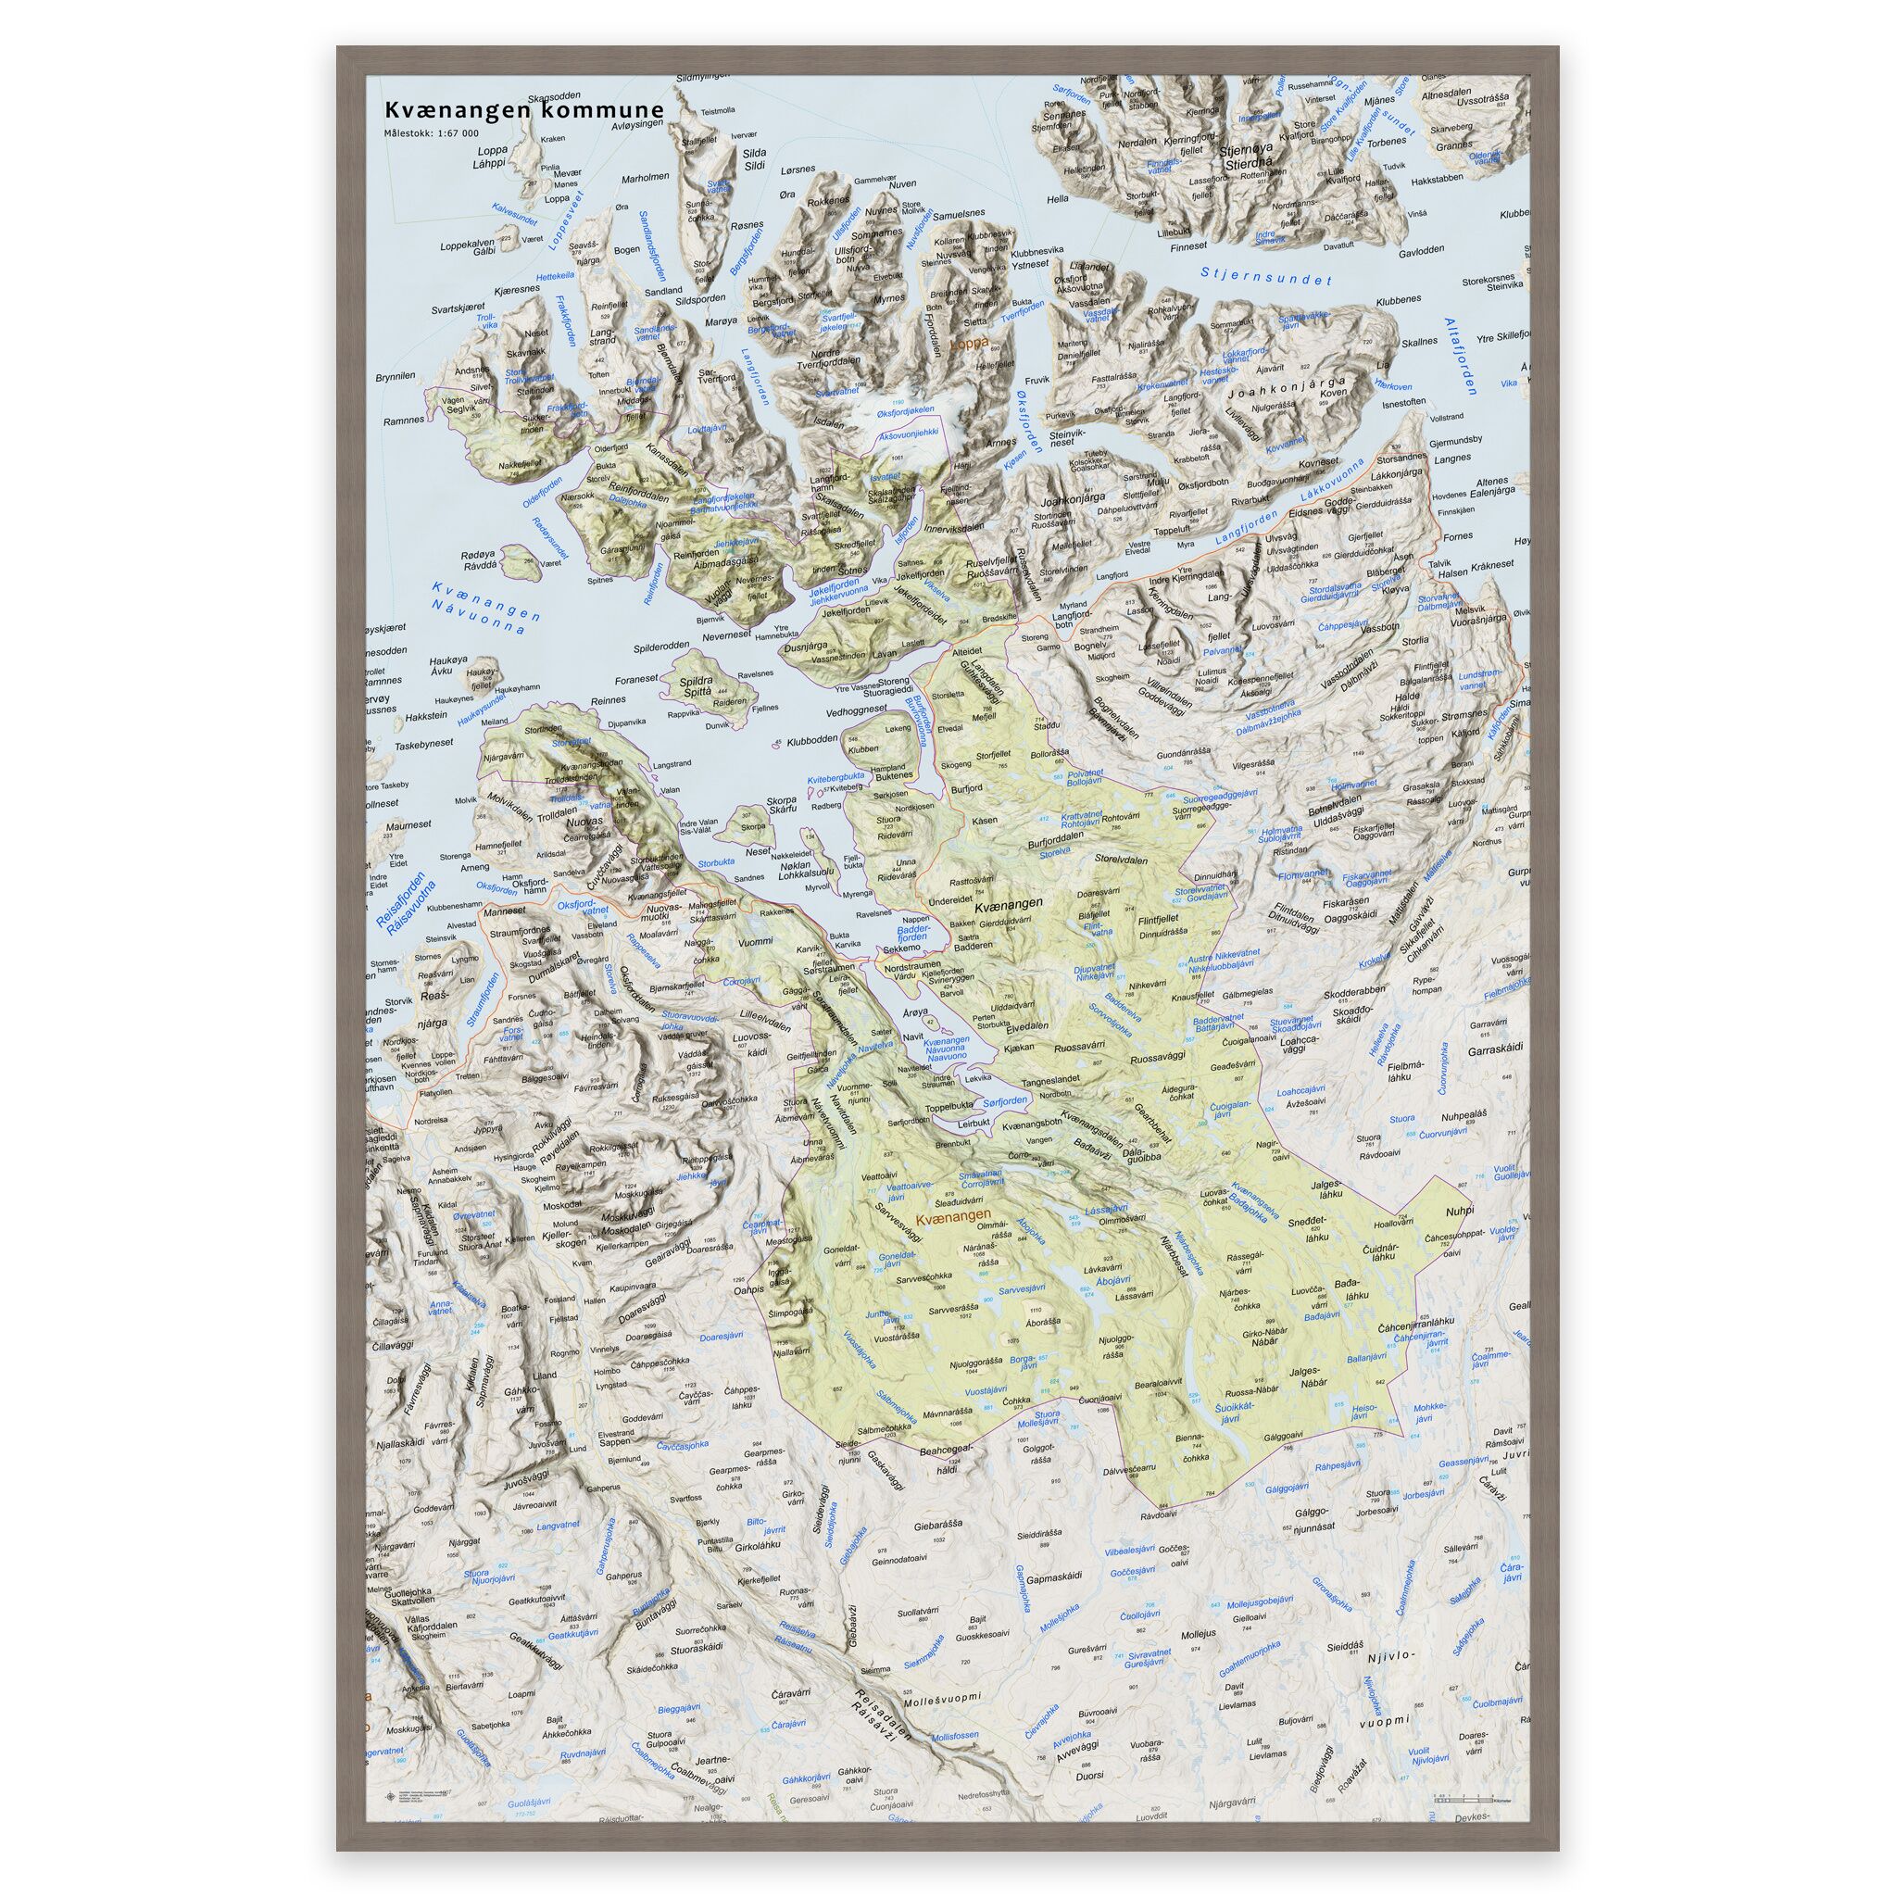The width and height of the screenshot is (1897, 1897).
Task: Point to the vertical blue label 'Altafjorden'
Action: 1459,355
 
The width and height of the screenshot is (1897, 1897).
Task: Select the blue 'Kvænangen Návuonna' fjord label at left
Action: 484,609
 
